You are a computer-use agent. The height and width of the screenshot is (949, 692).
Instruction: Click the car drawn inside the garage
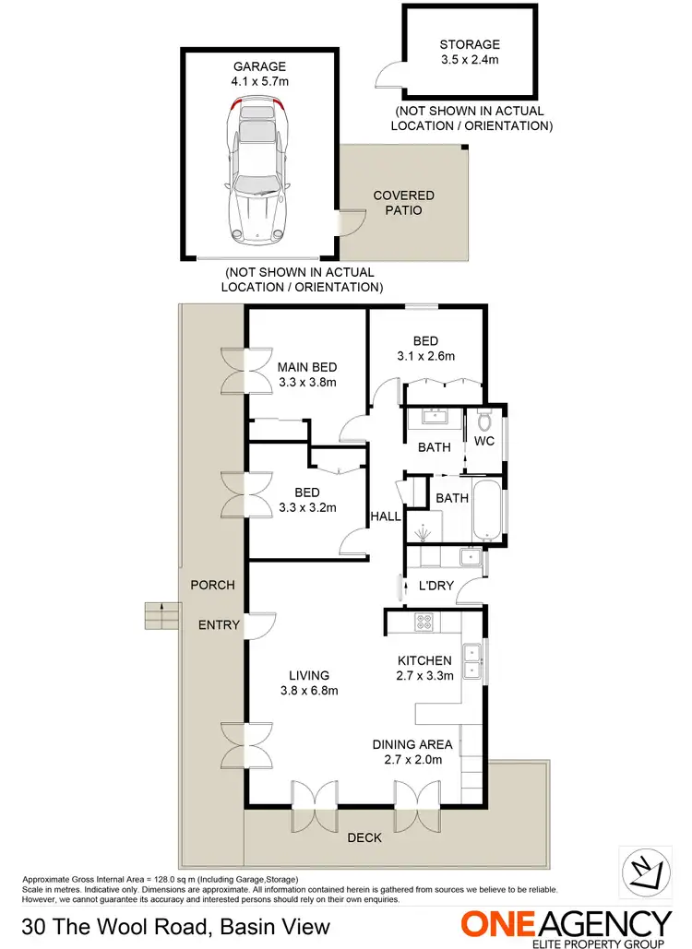click(258, 175)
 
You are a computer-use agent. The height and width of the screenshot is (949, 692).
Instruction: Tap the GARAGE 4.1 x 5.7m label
click(259, 74)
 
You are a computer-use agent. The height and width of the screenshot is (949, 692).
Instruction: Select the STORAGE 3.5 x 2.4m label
click(470, 52)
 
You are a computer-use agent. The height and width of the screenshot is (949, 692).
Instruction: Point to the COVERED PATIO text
click(403, 203)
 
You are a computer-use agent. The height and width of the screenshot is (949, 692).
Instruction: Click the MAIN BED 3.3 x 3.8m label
click(307, 374)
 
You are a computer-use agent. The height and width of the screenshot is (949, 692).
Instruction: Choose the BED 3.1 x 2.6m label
click(425, 349)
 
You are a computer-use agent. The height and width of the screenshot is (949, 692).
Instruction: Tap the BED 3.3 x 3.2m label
click(307, 499)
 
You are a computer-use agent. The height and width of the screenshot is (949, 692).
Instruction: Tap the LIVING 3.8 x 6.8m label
click(308, 682)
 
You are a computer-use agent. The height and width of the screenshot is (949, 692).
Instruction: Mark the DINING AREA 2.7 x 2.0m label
click(412, 752)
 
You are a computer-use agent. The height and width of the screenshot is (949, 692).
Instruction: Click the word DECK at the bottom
click(364, 838)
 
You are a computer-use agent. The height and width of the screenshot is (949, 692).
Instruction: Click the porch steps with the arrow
click(161, 614)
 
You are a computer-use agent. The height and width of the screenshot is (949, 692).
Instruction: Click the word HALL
click(386, 516)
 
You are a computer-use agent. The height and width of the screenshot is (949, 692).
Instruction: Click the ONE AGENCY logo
click(567, 925)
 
